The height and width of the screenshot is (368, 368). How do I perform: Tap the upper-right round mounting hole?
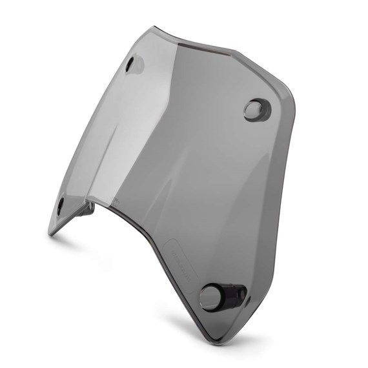click(256, 109)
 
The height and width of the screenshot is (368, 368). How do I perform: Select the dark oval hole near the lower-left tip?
click(61, 207)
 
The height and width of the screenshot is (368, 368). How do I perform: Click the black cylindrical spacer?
click(223, 296)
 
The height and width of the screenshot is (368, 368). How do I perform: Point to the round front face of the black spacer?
click(210, 298)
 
